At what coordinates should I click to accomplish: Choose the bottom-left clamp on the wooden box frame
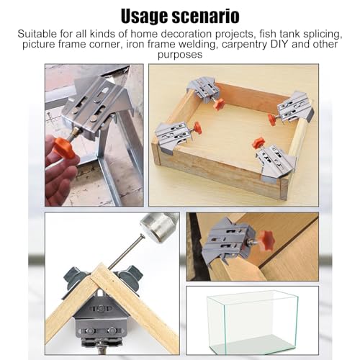(173, 136)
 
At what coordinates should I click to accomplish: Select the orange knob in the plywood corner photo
(267, 241)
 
